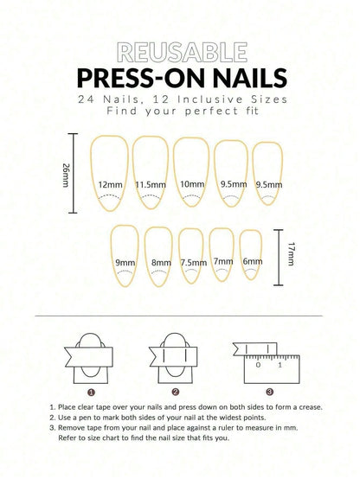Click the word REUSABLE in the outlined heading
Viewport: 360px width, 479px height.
[x=180, y=51]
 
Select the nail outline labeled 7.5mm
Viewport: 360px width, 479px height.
[x=192, y=256]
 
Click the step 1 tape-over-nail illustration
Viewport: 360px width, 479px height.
[x=91, y=356]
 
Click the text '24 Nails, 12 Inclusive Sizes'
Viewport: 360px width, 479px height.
[x=180, y=99]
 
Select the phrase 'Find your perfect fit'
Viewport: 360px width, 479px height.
[x=180, y=112]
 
